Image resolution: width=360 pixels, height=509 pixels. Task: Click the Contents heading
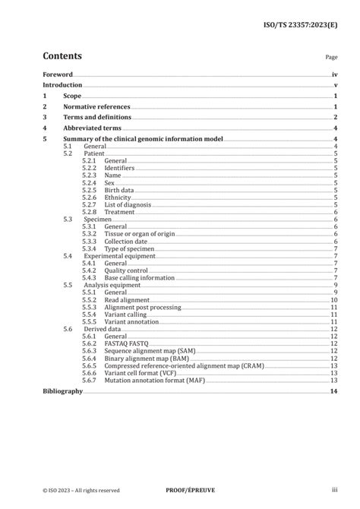click(62, 55)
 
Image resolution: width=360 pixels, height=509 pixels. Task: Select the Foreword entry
click(58, 75)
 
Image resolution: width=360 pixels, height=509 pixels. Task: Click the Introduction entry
click(62, 86)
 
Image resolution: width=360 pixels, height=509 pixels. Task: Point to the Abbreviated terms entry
click(91, 128)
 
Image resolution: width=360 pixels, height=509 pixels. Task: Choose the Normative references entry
click(96, 107)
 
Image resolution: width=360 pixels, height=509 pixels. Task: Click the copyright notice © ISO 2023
click(81, 490)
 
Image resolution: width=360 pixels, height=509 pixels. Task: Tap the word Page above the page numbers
click(331, 57)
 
